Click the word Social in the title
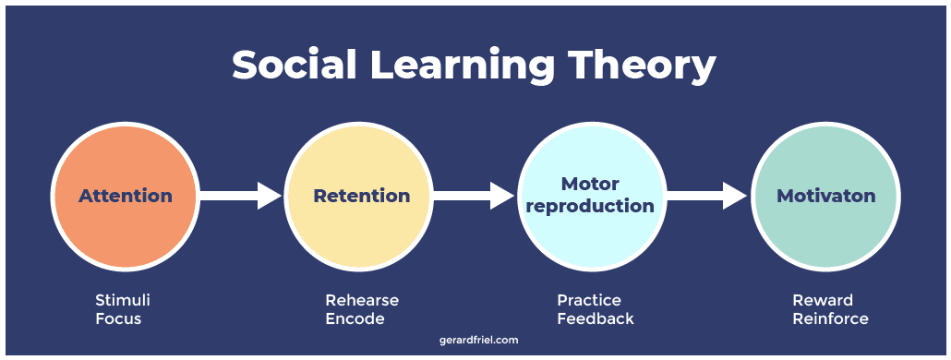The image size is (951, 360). click(294, 66)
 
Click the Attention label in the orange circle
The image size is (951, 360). click(126, 196)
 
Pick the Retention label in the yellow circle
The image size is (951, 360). click(361, 196)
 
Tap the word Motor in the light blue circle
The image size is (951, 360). click(590, 184)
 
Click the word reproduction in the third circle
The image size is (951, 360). click(590, 206)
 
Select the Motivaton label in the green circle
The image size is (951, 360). click(825, 196)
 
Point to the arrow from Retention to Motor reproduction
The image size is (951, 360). click(474, 195)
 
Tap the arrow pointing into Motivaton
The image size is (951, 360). click(707, 195)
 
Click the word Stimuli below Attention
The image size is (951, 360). click(123, 301)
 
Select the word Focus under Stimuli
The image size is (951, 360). click(117, 318)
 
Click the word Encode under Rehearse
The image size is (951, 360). click(355, 318)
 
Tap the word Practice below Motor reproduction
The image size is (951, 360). click(589, 301)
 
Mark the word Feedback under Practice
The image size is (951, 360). click(596, 318)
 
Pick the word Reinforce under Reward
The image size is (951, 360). click(830, 318)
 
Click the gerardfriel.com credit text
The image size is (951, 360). click(478, 340)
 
